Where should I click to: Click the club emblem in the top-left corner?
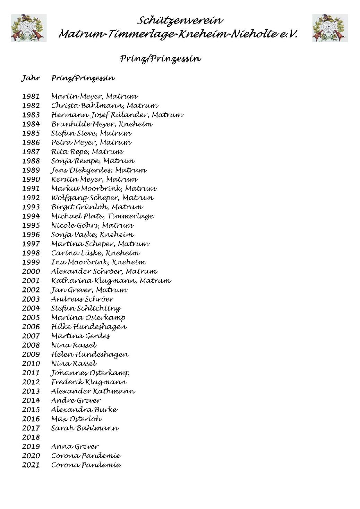click(x=28, y=28)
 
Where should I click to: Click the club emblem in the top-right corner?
click(x=330, y=28)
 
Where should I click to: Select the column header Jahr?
click(x=31, y=78)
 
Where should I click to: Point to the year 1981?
click(x=31, y=97)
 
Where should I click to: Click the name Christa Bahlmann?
click(x=87, y=106)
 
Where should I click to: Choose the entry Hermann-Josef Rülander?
click(x=100, y=115)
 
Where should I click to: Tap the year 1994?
click(x=31, y=216)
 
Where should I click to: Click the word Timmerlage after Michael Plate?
click(x=131, y=217)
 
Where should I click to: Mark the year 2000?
click(x=31, y=272)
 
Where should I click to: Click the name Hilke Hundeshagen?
click(x=89, y=327)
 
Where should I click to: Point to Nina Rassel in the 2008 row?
click(x=74, y=345)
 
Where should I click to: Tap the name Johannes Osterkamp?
click(x=90, y=373)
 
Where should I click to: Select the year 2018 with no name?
click(x=31, y=437)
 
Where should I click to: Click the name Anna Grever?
click(x=75, y=447)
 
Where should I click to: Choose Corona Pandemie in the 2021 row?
click(x=86, y=465)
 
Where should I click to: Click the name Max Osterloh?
click(x=76, y=419)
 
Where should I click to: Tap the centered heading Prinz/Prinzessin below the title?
click(x=160, y=59)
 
